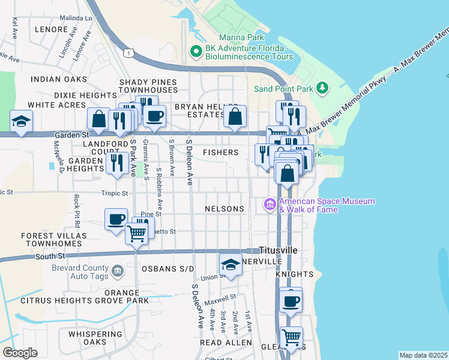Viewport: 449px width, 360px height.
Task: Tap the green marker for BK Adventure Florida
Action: pos(196,52)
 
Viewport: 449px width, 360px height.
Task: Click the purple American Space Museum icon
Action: pos(270,205)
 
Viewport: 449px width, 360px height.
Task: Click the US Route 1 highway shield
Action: pos(127,53)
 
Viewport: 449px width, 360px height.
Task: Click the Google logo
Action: pos(20,353)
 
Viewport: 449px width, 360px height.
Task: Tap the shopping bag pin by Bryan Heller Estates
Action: pos(235,116)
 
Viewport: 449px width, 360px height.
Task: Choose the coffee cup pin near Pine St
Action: pos(116,219)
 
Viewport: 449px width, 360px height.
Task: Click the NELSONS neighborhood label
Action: pos(224,209)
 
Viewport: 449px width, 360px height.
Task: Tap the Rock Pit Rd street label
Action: pos(76,207)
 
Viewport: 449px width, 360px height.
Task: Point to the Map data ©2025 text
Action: pos(423,355)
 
